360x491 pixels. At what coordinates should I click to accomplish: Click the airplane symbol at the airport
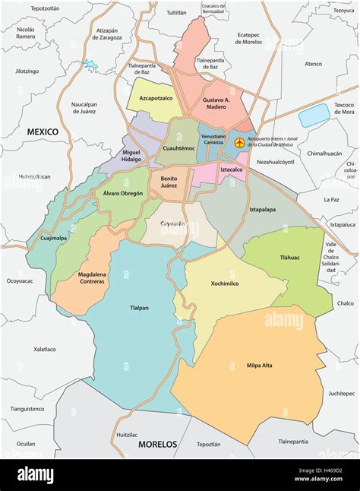(x=240, y=142)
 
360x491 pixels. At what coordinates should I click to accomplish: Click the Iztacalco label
(x=231, y=170)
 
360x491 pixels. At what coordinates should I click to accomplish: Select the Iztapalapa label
(x=261, y=207)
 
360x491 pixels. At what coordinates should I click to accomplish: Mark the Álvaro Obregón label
(x=123, y=194)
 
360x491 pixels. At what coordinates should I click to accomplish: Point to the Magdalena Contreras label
(x=91, y=277)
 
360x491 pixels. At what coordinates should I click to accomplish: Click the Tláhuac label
(x=288, y=258)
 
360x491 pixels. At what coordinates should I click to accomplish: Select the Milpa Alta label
(x=259, y=366)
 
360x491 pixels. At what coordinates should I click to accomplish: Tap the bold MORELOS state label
(x=156, y=444)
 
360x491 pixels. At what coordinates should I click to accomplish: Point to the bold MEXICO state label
(x=43, y=131)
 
